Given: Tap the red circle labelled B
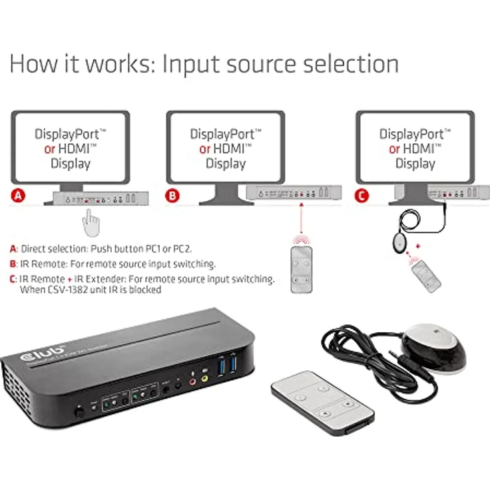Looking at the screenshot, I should (174, 196).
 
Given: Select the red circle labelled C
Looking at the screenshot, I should (362, 196).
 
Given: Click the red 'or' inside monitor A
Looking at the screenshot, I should (49, 149).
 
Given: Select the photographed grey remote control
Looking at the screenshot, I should (322, 402).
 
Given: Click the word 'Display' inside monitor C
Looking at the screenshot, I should (415, 164).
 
